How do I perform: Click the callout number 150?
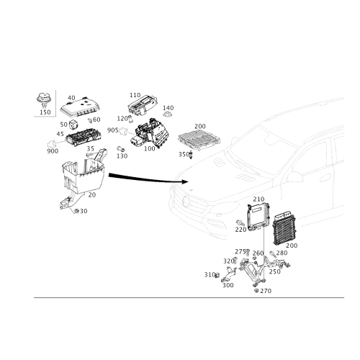coord(45,112)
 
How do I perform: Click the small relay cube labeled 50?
coord(73,125)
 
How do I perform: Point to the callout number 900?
coord(53,151)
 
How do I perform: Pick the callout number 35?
coord(91,149)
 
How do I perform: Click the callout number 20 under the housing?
coord(92,195)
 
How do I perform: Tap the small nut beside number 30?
coord(76,211)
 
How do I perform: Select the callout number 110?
coord(135,95)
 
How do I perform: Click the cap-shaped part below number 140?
coord(168,114)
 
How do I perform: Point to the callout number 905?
coord(113,130)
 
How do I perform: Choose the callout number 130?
coord(122,156)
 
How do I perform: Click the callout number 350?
coord(184,154)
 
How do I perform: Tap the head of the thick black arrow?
coord(184,181)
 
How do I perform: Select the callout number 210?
coord(258,199)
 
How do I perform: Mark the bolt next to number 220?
coord(240,223)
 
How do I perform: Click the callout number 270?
coord(266,291)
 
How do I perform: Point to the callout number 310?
coord(210,274)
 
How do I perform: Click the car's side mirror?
coord(294,177)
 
